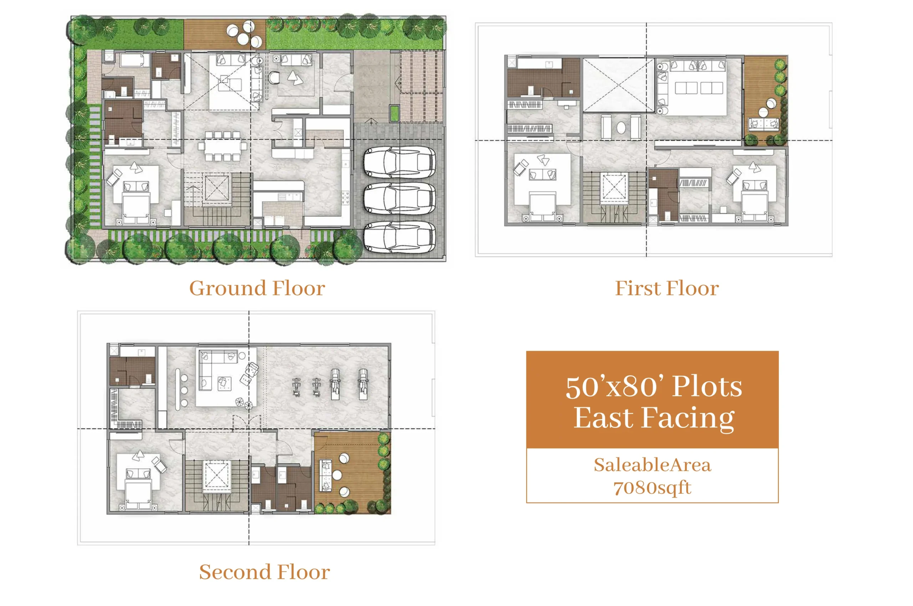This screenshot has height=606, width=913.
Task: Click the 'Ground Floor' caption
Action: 257,288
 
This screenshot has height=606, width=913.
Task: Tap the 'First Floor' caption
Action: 667,288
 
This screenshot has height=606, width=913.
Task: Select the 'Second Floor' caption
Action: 265,572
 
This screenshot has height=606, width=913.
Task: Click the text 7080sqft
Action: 652,488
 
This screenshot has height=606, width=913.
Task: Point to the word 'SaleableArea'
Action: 652,465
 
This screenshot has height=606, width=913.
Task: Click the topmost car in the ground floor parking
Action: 399,163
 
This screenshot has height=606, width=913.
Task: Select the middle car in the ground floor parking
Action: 399,198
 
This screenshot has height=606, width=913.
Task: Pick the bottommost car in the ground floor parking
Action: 399,237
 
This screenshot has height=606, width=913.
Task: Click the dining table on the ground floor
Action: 222,146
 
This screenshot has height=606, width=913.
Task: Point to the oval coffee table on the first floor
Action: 621,128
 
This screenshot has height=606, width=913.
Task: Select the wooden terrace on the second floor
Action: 352,473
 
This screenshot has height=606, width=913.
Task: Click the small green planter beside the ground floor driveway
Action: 394,113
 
